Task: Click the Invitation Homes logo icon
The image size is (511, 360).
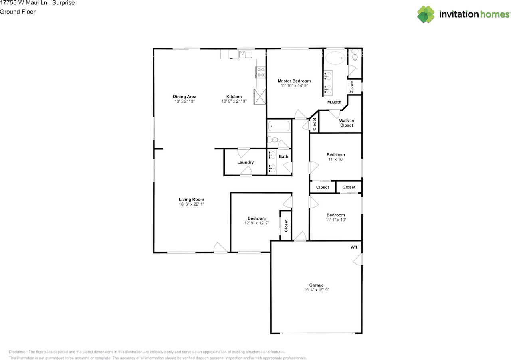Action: point(426,14)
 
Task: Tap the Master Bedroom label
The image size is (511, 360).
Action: point(294,81)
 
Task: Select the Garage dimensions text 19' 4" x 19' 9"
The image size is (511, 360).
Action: point(316,290)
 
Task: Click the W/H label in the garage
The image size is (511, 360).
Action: point(355,247)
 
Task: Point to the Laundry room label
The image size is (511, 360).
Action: point(245,162)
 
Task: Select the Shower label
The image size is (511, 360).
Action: point(352,87)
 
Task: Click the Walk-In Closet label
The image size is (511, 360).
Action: point(346,123)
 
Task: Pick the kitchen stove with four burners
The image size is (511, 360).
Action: point(260,72)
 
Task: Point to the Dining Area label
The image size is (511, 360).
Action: point(184,97)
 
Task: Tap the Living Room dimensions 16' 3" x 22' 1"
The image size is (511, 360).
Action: point(192,204)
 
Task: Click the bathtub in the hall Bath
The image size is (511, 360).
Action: point(279,127)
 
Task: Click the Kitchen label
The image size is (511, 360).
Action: point(234,97)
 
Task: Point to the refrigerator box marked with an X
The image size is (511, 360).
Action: point(260,96)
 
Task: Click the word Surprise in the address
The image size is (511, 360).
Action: point(63,3)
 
